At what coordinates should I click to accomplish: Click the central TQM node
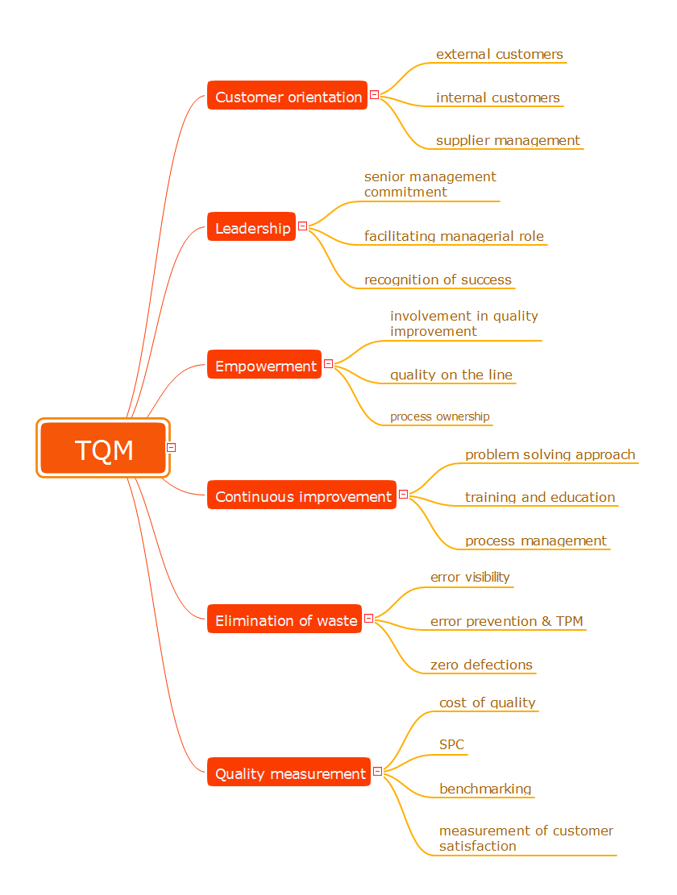click(103, 448)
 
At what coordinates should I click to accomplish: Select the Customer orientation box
click(288, 96)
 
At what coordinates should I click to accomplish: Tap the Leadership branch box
click(252, 227)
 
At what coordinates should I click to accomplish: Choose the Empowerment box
click(265, 365)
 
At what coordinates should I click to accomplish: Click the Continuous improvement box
click(302, 495)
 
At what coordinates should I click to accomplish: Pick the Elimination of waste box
click(285, 619)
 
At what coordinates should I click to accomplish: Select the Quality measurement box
click(289, 773)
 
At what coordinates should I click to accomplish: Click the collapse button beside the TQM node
click(171, 447)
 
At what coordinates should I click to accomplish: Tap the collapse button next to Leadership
click(302, 226)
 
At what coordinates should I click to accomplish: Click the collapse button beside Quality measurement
click(377, 771)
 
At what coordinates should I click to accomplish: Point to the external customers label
click(499, 54)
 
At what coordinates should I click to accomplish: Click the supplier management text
click(508, 140)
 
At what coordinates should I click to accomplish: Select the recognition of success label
click(438, 280)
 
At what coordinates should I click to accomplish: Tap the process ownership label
click(439, 416)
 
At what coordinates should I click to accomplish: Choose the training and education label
click(539, 497)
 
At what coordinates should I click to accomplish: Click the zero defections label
click(481, 665)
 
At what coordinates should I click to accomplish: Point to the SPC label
click(451, 744)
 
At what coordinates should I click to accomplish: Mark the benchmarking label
click(485, 789)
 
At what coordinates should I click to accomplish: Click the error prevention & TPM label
click(506, 621)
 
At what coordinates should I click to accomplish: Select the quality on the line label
click(451, 375)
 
